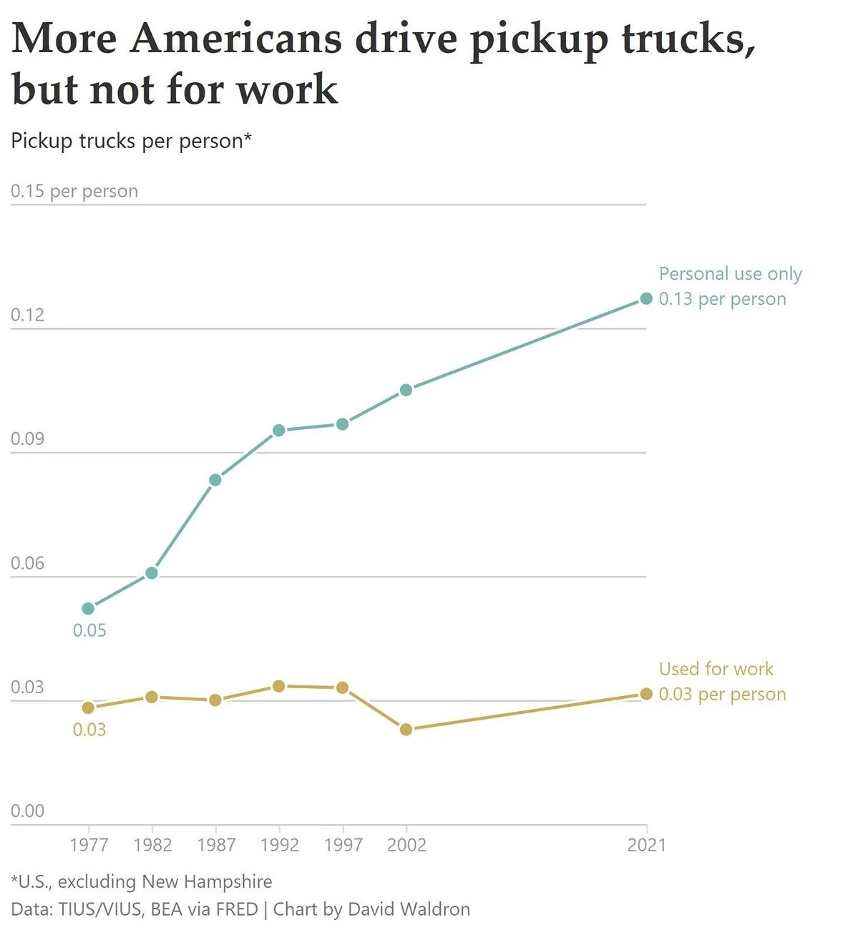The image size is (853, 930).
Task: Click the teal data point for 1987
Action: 215,479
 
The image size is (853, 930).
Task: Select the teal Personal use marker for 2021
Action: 646,298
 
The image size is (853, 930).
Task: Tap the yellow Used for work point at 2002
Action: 406,729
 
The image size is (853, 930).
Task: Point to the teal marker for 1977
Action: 88,608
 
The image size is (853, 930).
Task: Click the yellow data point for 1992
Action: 279,686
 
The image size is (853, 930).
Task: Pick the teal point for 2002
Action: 406,390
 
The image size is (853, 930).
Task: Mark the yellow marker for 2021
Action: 646,694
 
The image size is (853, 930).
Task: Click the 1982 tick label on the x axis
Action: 152,845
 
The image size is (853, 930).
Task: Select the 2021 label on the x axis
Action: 646,845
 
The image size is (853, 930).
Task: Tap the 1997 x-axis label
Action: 343,845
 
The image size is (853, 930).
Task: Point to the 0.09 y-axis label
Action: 27,439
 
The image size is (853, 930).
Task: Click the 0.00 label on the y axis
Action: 27,811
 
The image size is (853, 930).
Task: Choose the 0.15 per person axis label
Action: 74,191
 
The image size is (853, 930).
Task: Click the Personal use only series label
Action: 730,274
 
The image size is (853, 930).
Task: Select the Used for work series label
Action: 716,669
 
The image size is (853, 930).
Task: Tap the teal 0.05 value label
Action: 89,630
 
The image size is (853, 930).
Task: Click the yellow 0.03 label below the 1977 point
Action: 89,730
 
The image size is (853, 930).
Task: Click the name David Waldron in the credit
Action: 409,909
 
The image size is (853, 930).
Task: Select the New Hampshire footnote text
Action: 207,881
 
